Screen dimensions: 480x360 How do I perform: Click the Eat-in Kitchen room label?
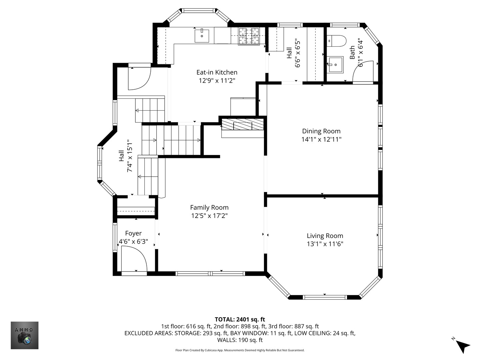(217, 72)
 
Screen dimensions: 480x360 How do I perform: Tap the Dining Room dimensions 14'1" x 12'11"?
(321, 139)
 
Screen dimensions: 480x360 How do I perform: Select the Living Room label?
(325, 236)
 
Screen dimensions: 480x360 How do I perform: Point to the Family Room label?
(209, 207)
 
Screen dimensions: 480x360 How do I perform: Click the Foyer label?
(133, 233)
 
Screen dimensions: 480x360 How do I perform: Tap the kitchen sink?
(202, 36)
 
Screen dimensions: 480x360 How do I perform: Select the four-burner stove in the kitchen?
(249, 36)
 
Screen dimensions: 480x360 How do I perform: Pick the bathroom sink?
(335, 65)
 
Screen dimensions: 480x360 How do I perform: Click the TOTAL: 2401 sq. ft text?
(240, 320)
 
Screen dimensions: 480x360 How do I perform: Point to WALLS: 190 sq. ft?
(240, 340)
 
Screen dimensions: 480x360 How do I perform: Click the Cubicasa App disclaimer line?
(240, 350)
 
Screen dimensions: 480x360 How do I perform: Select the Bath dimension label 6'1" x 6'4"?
(360, 53)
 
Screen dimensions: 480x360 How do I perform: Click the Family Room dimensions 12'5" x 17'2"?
(209, 216)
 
